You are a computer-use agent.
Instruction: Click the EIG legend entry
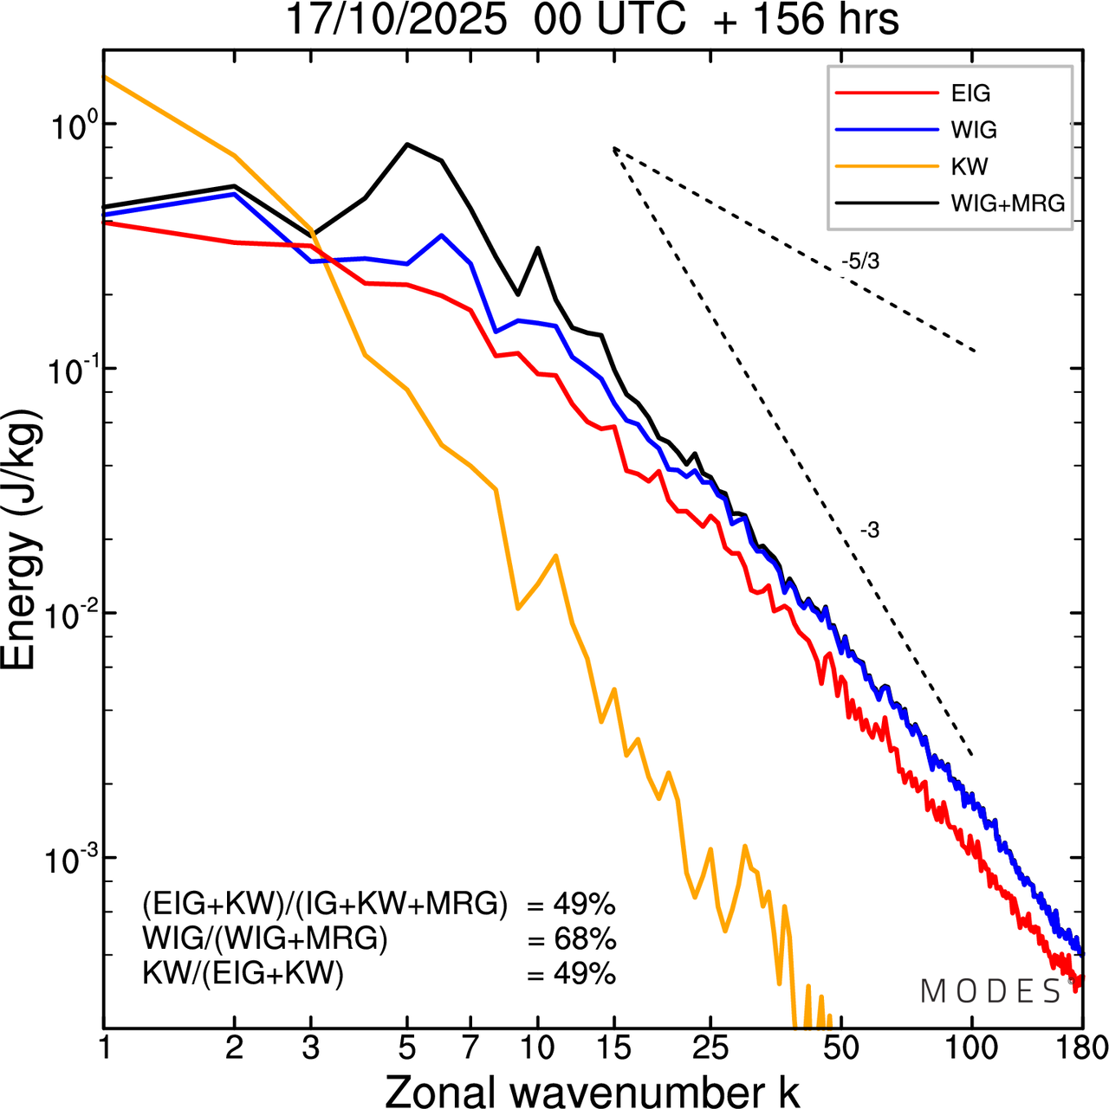coord(970,93)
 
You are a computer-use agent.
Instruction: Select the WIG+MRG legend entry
coord(1008,203)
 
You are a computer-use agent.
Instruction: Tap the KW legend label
coord(970,166)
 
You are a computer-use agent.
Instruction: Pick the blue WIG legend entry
coord(974,130)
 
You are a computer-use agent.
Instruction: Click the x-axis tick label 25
coord(710,1048)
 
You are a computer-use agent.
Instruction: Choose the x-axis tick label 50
coord(840,1048)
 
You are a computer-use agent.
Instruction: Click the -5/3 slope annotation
coord(860,261)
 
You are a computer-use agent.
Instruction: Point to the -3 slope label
coord(870,531)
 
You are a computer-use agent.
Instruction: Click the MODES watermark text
coord(990,992)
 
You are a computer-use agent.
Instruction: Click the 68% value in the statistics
coord(572,939)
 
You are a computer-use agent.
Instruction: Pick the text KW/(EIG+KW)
coord(243,974)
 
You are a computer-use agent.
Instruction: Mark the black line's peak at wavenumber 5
coord(408,145)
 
